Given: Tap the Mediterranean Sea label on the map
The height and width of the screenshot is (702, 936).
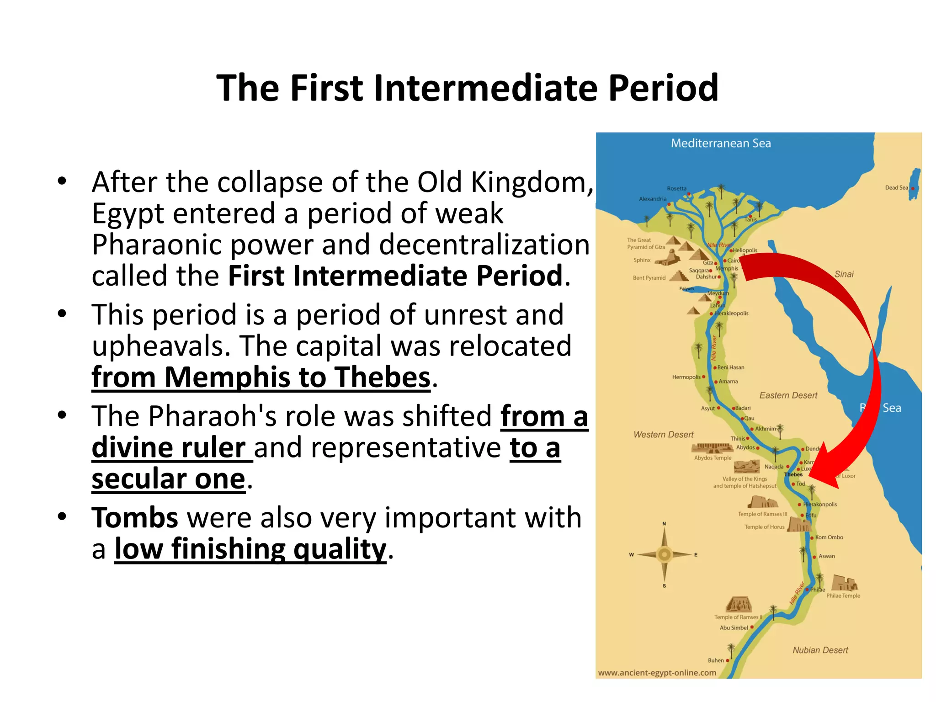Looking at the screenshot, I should coord(721,144).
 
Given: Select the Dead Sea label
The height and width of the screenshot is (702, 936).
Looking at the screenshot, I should coord(896,188).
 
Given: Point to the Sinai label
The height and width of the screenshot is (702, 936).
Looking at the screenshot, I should coord(844,274).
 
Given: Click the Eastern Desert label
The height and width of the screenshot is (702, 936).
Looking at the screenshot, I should coord(788,395).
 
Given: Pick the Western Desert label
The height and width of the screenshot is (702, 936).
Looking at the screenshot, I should coord(663,435).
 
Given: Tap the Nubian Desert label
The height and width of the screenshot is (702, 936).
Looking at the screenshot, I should coord(820,650).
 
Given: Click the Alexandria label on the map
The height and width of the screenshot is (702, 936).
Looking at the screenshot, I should coord(653,199).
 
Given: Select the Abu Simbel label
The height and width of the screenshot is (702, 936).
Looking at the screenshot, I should coord(734,628).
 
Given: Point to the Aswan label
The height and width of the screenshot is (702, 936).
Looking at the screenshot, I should coord(826,556).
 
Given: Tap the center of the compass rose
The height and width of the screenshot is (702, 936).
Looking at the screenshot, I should coord(664,554).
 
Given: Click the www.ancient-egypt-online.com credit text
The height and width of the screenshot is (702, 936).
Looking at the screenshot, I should coord(657,673).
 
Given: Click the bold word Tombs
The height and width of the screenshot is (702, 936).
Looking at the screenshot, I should coord(135,518).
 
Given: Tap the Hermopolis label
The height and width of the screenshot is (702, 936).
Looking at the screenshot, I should coord(686,377).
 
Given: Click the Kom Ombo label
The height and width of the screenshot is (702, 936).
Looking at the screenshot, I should coord(829,537).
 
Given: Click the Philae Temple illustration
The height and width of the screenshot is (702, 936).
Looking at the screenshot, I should coord(844,584).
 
